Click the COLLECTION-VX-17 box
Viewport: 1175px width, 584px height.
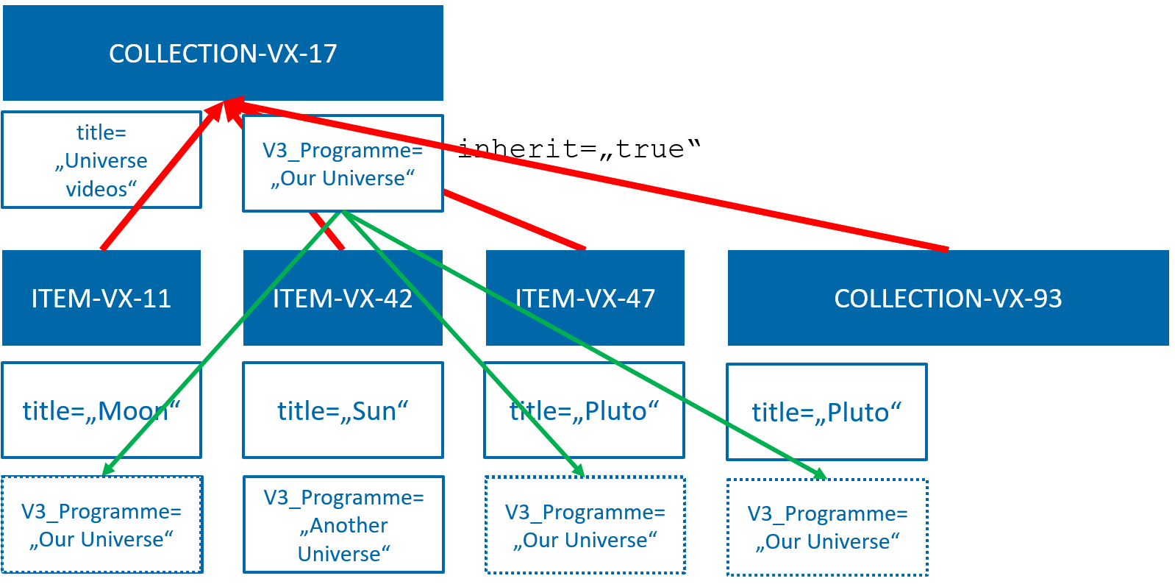pyautogui.click(x=223, y=53)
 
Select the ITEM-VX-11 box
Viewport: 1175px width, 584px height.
pyautogui.click(x=101, y=298)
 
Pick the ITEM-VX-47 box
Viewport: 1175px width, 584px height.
pyautogui.click(x=585, y=298)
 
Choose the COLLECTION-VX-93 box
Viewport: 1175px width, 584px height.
pyautogui.click(x=948, y=298)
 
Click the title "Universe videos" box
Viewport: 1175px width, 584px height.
pyautogui.click(x=101, y=160)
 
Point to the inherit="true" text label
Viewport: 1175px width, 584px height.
pyautogui.click(x=579, y=149)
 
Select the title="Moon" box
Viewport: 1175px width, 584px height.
pyautogui.click(x=101, y=410)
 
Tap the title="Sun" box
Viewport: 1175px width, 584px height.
pyautogui.click(x=343, y=410)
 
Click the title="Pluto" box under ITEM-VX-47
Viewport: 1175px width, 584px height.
pyautogui.click(x=585, y=410)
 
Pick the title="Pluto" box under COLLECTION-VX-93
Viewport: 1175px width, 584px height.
pyautogui.click(x=826, y=412)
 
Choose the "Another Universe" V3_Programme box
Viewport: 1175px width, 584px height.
pyautogui.click(x=343, y=524)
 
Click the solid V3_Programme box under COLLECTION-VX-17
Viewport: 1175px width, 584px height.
pyautogui.click(x=343, y=163)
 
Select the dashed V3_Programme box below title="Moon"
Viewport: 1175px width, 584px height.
pyautogui.click(x=101, y=524)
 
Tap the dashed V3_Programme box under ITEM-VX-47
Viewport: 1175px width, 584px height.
pyautogui.click(x=585, y=525)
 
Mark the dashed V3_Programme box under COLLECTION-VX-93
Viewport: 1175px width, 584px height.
pyautogui.click(x=827, y=527)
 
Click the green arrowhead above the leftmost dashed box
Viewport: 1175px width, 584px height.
pyautogui.click(x=108, y=469)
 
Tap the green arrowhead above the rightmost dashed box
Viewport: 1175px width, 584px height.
pyautogui.click(x=819, y=473)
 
